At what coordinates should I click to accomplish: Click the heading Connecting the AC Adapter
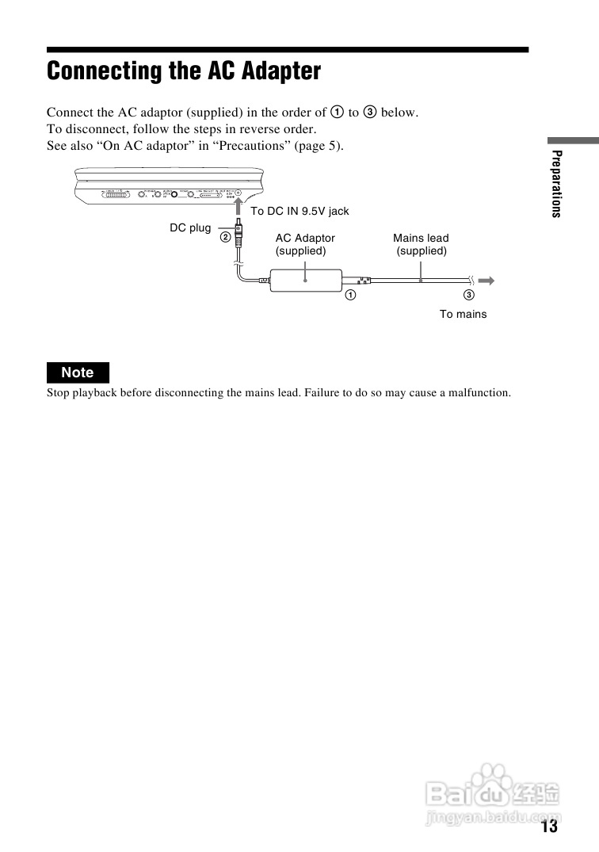[x=184, y=71]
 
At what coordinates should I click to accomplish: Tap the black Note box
[x=78, y=373]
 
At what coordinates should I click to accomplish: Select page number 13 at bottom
[x=550, y=827]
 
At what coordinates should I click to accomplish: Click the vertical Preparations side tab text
[x=557, y=183]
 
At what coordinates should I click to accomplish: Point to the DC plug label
[x=190, y=228]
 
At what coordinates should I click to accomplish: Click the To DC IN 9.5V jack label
[x=299, y=212]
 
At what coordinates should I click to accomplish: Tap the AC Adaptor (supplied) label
[x=305, y=244]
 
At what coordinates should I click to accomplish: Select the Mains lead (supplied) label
[x=421, y=244]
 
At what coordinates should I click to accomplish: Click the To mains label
[x=464, y=315]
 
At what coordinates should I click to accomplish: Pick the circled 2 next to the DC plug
[x=225, y=235]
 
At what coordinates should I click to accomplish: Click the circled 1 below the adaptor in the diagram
[x=349, y=296]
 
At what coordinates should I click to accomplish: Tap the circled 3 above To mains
[x=469, y=296]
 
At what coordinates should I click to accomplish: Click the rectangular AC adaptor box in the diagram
[x=306, y=280]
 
